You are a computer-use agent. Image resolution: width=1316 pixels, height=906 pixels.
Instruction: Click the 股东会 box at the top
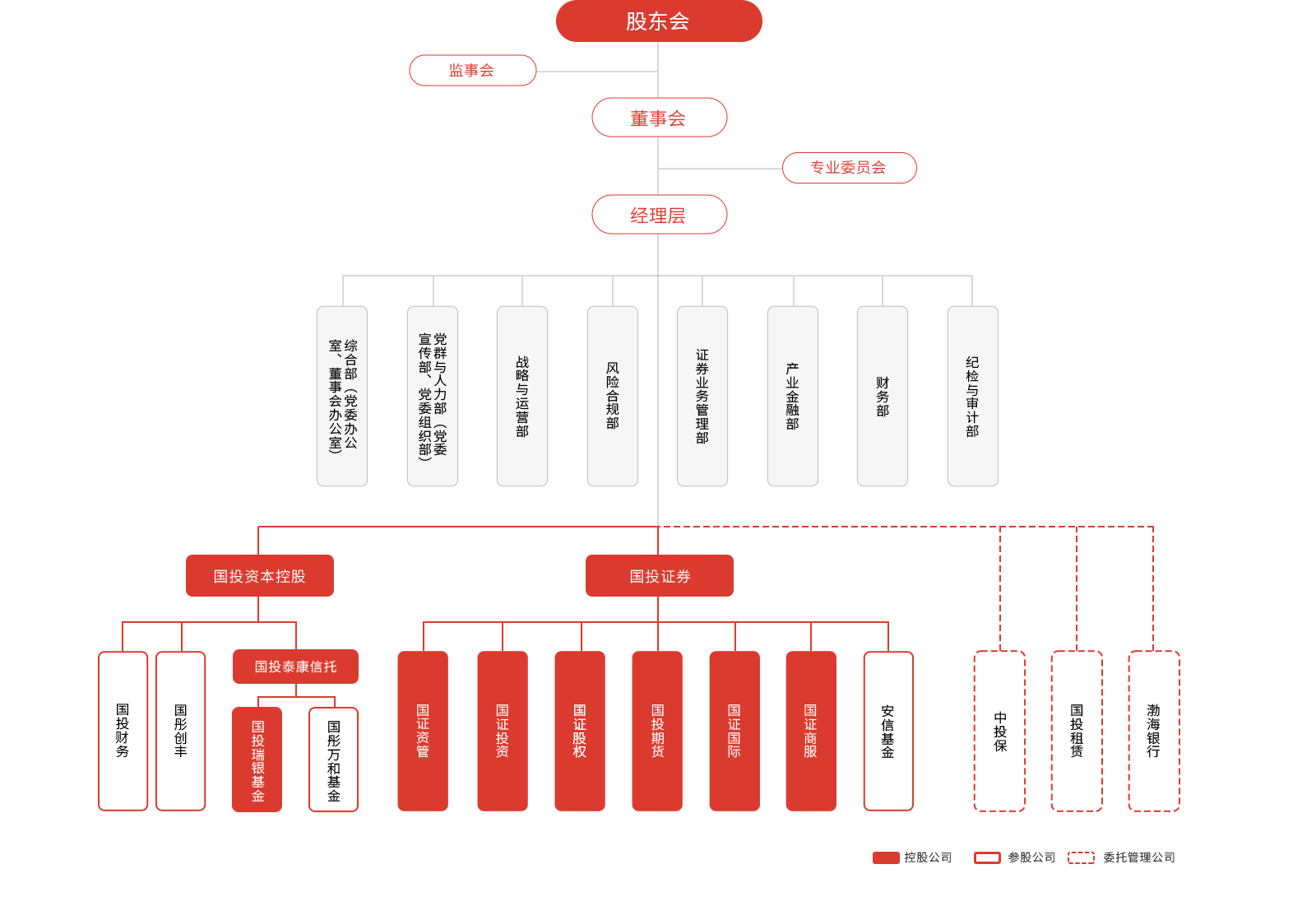click(x=659, y=21)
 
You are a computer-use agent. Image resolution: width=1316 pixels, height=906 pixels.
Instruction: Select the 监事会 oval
click(x=472, y=71)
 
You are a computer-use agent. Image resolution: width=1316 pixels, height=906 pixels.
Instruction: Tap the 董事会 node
click(x=659, y=118)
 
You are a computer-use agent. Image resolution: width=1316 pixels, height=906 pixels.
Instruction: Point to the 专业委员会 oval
click(x=849, y=168)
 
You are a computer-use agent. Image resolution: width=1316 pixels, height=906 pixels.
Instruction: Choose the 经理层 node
click(x=659, y=215)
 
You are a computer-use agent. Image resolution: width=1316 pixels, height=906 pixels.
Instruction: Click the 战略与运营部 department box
click(x=522, y=396)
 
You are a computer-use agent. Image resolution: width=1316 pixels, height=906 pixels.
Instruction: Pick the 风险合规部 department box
click(x=613, y=396)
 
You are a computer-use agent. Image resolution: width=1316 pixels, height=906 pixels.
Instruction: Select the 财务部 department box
click(x=883, y=396)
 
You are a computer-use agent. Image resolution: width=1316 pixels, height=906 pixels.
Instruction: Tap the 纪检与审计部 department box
click(x=973, y=396)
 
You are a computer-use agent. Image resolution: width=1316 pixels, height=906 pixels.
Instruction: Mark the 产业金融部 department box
click(x=793, y=396)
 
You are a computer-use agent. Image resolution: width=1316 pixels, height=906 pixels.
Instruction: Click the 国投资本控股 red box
click(x=260, y=576)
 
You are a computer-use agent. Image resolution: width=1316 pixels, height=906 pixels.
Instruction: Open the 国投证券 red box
click(x=660, y=576)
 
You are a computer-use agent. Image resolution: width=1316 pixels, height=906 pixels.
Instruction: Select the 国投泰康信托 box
click(x=295, y=667)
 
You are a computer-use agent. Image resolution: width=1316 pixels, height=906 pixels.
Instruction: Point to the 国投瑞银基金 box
click(x=257, y=760)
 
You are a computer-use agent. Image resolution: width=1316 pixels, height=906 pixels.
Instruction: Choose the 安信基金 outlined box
click(x=888, y=731)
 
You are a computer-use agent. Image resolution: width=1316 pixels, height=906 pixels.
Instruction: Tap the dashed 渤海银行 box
click(x=1154, y=731)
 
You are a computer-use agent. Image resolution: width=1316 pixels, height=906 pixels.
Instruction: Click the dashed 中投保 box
click(x=1000, y=731)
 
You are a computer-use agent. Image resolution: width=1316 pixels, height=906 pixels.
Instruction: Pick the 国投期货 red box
click(x=657, y=731)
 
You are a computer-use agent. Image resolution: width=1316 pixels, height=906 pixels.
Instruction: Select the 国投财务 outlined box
click(x=123, y=731)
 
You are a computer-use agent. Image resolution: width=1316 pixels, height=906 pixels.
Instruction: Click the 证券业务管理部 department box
click(x=702, y=396)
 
